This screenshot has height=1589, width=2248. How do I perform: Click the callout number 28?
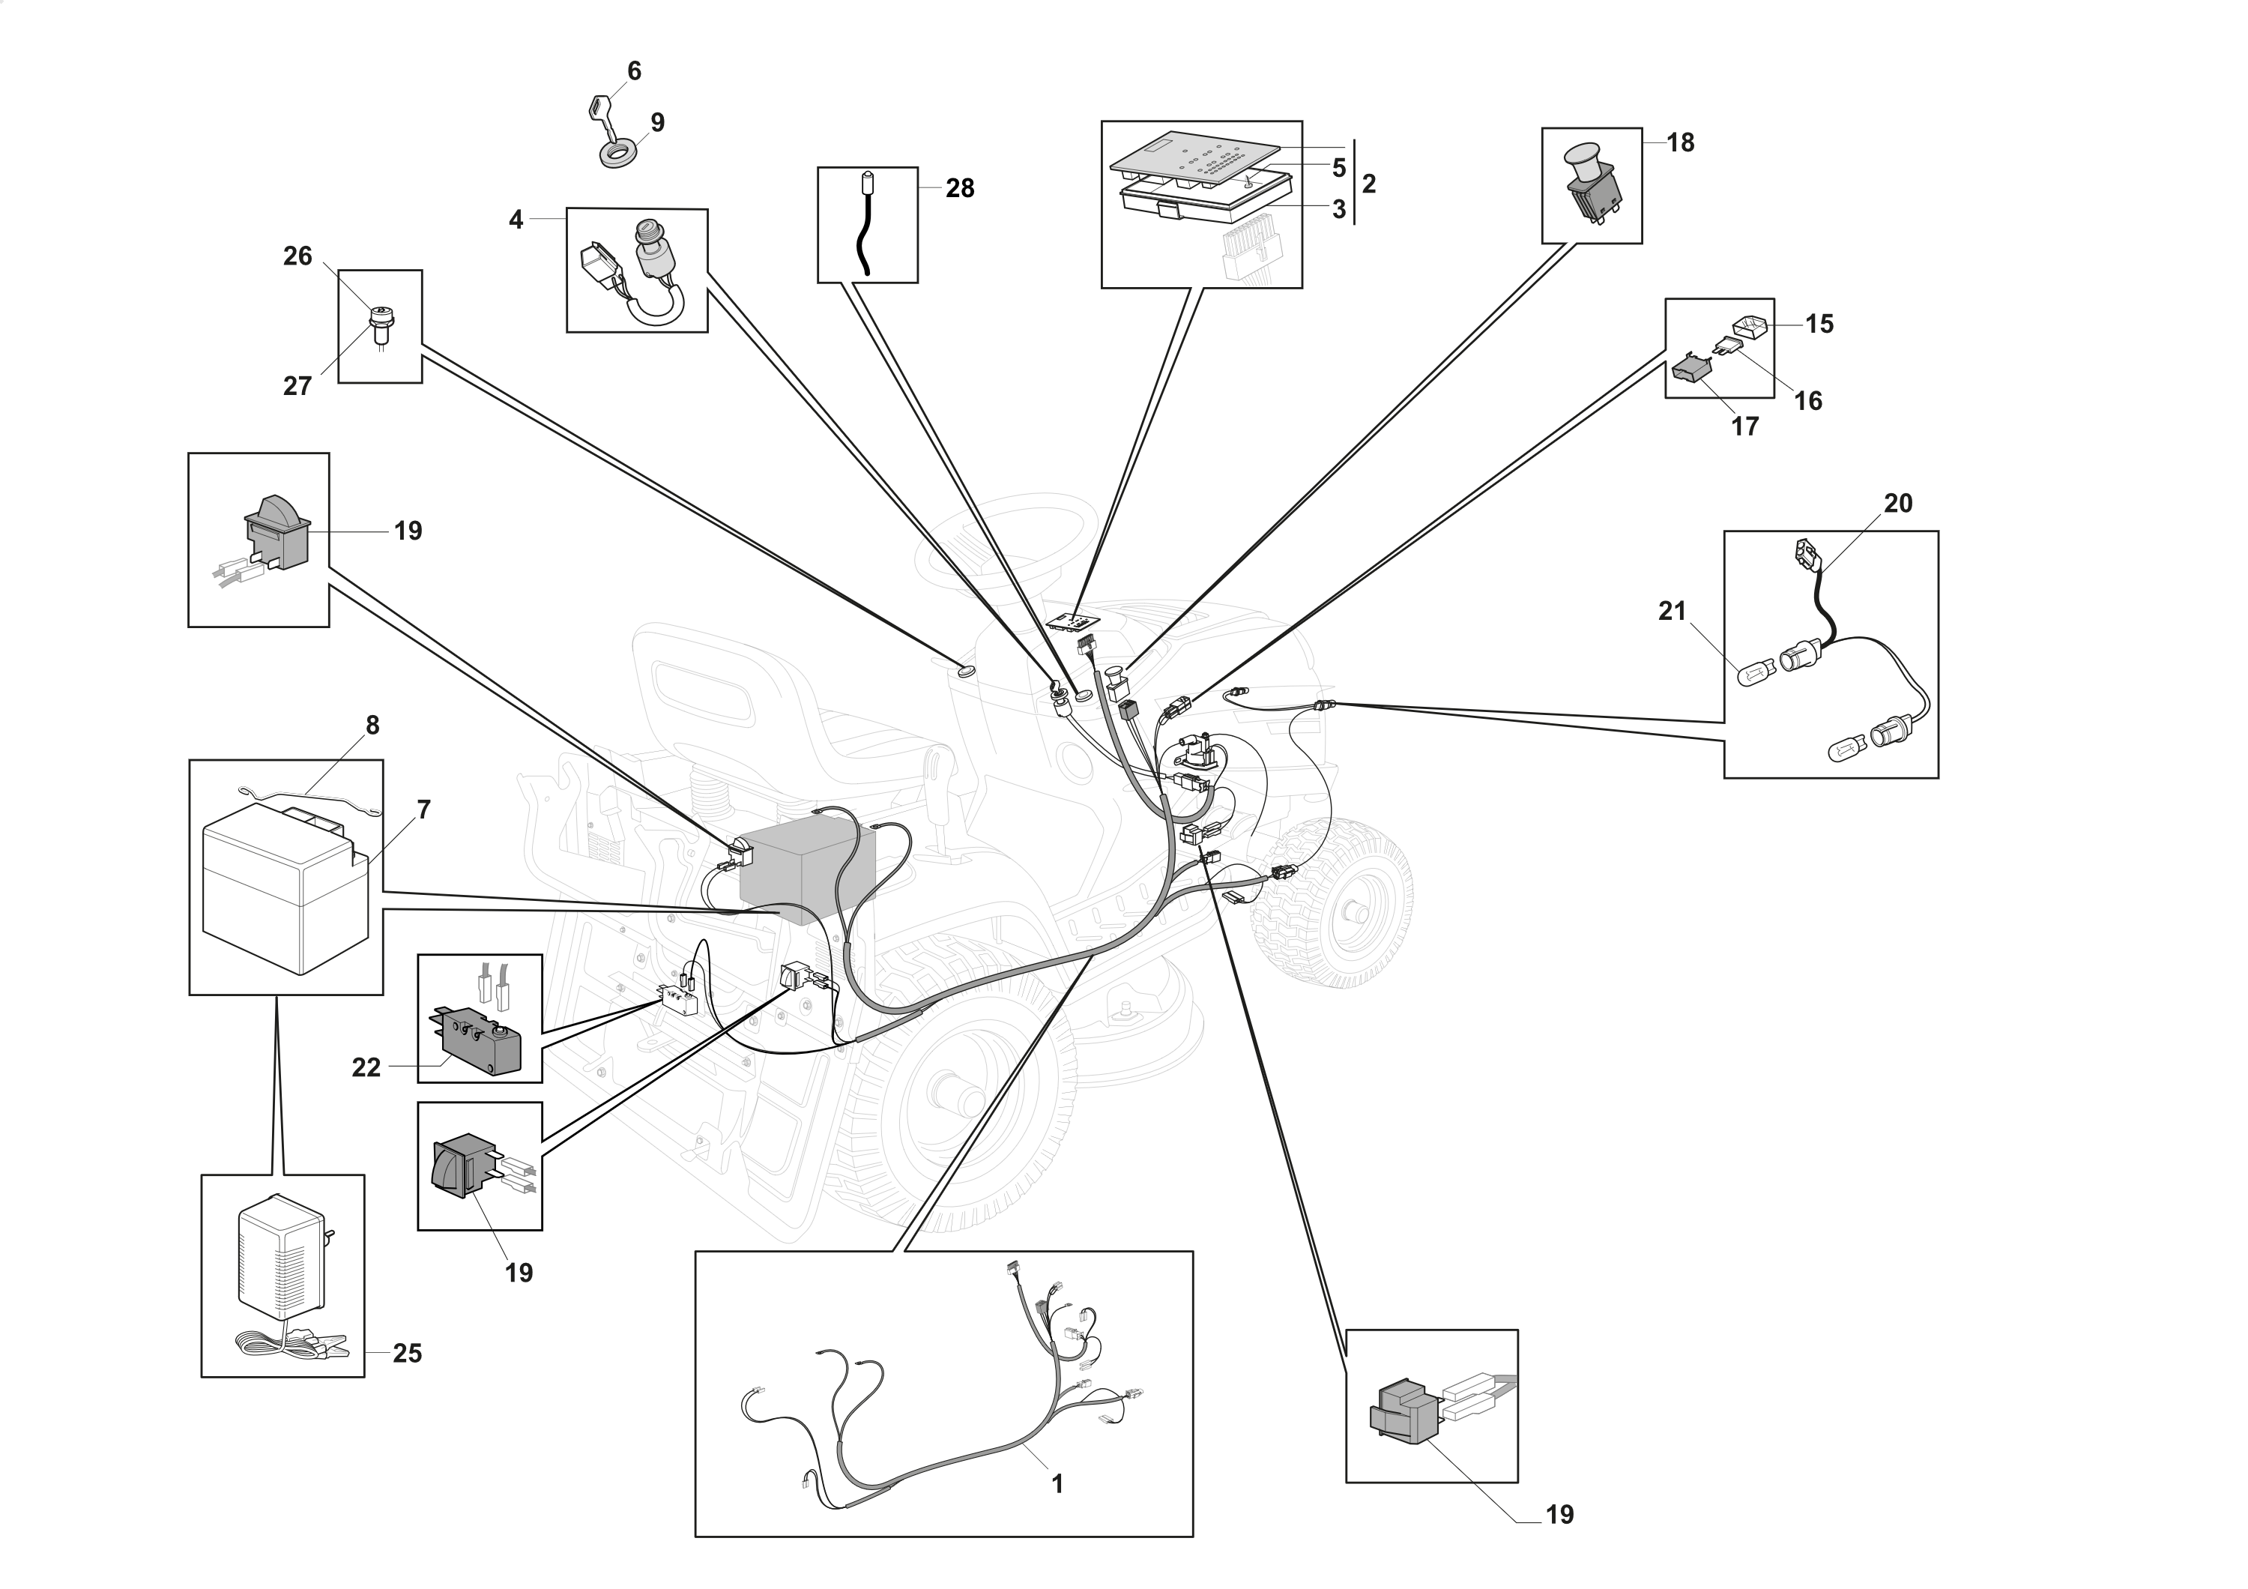(959, 188)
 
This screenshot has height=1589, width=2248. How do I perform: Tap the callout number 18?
(1680, 143)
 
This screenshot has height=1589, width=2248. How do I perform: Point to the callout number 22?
(366, 1067)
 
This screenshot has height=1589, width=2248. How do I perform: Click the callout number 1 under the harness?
(1057, 1483)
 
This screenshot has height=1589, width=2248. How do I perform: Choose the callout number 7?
(423, 809)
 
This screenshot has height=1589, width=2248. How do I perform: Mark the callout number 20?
(1897, 503)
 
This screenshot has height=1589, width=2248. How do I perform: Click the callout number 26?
(297, 256)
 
